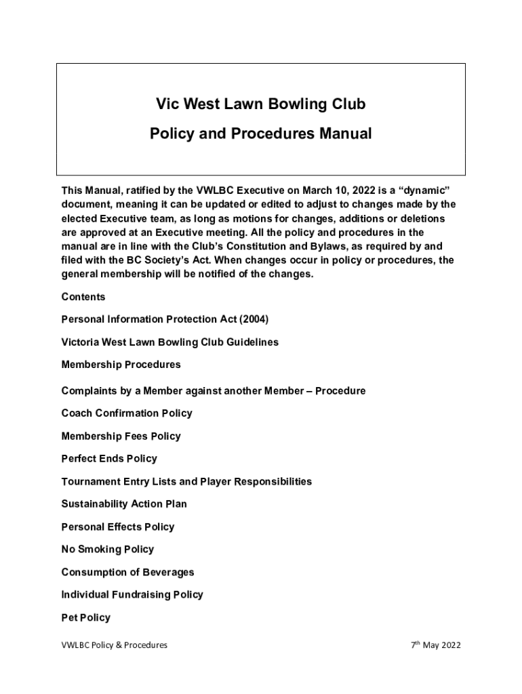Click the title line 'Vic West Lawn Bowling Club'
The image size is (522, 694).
(x=261, y=104)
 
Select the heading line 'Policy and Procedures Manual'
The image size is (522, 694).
(x=261, y=134)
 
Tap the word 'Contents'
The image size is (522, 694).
(x=83, y=297)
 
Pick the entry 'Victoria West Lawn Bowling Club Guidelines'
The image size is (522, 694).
(x=169, y=342)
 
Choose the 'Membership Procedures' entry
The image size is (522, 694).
(x=121, y=365)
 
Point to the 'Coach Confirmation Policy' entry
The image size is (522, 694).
(x=127, y=413)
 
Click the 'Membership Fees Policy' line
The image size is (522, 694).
(x=121, y=436)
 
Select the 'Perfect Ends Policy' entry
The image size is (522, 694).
(x=109, y=459)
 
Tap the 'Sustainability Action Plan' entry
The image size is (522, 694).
(x=124, y=504)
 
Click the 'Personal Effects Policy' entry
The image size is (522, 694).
(x=118, y=527)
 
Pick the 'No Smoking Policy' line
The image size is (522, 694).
(x=108, y=550)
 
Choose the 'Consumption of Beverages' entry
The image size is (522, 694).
(x=127, y=573)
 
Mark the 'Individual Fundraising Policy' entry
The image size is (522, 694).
(x=132, y=595)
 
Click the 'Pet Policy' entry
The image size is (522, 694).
(x=86, y=618)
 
